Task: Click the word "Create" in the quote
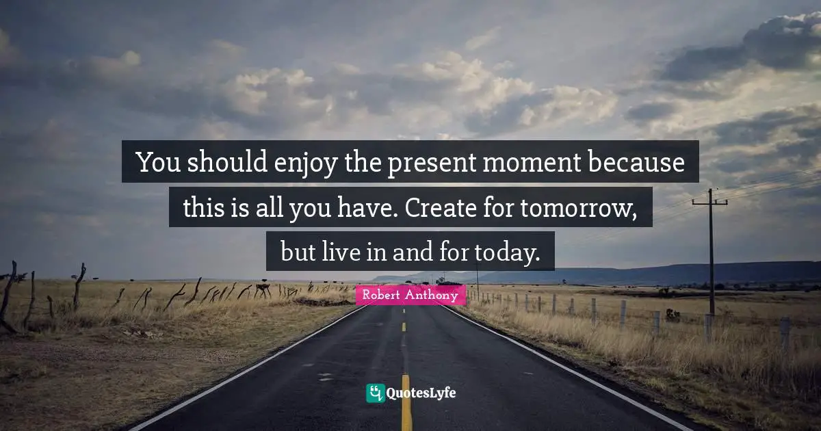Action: click(435, 208)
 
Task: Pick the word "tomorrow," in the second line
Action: click(579, 208)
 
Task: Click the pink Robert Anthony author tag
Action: click(410, 296)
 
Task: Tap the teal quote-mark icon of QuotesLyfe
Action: click(375, 393)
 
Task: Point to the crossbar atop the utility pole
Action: click(709, 202)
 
